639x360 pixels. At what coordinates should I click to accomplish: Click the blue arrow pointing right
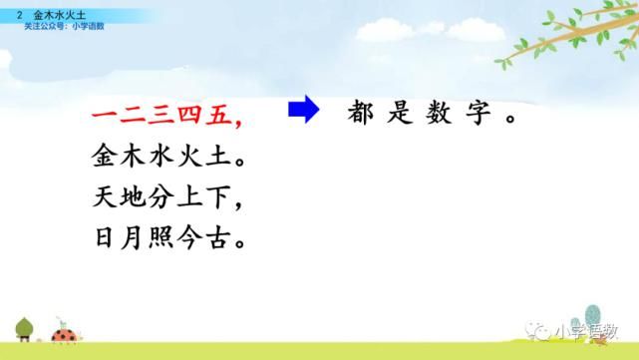click(302, 111)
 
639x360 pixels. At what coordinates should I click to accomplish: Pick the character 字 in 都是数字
click(474, 113)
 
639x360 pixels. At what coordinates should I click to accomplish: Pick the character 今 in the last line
click(192, 239)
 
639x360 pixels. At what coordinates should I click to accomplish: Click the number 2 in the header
click(20, 15)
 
